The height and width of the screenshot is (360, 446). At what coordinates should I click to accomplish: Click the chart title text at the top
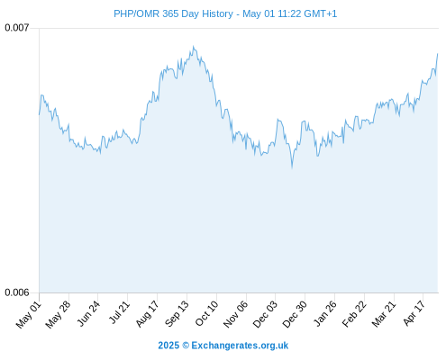point(225,13)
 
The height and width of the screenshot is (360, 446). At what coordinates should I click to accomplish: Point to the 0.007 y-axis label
point(17,28)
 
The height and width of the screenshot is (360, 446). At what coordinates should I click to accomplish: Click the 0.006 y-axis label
point(17,292)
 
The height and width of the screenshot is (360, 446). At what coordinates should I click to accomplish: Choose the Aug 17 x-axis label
point(147,314)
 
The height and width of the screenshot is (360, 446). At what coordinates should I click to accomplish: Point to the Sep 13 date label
point(177,314)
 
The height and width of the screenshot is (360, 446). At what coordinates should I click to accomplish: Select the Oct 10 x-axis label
point(206,313)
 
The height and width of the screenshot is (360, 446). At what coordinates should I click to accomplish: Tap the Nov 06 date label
point(236,314)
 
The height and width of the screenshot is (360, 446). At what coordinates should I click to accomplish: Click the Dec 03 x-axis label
point(265,314)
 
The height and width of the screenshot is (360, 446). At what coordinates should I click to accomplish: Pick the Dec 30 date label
point(295,314)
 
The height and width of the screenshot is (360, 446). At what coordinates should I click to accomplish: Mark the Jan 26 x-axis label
point(324,313)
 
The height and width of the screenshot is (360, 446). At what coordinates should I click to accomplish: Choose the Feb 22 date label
point(354,314)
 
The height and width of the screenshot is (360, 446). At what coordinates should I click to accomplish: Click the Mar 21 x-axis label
point(384,314)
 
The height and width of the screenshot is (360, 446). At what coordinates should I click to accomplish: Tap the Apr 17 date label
point(414,313)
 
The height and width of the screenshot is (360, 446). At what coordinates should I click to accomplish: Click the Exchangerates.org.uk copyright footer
point(223,346)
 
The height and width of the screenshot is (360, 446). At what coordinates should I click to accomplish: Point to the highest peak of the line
point(194,47)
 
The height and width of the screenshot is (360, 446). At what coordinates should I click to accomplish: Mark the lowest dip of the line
point(292,168)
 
